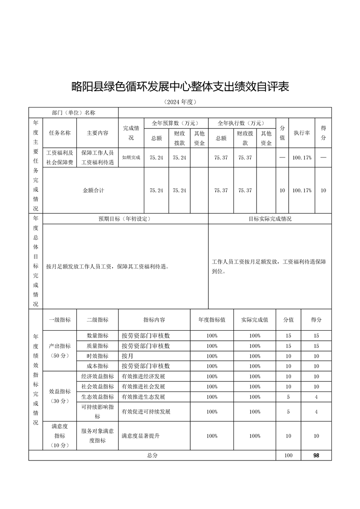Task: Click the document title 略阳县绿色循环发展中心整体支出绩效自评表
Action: tap(180, 86)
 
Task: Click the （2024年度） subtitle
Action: tap(180, 102)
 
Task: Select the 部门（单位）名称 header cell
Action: tap(74, 113)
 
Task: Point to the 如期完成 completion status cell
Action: tap(131, 157)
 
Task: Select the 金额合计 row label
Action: tap(93, 191)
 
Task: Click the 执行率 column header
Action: tap(301, 133)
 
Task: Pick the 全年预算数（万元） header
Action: tap(176, 123)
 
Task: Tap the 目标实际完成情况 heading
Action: tap(270, 219)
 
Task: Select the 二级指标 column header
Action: tap(97, 320)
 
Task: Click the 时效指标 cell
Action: tap(97, 356)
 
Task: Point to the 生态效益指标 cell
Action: tap(97, 396)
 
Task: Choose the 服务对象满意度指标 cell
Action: tap(97, 436)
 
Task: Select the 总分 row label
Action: tap(152, 455)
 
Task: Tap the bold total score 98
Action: tap(316, 455)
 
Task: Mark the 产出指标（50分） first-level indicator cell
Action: tap(59, 351)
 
